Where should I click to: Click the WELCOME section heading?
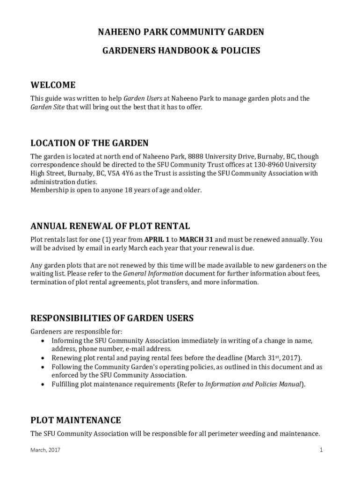(x=53, y=85)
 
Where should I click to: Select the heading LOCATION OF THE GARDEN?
(x=89, y=143)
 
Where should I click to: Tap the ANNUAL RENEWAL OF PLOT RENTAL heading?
(x=110, y=226)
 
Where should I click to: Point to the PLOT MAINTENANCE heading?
(x=76, y=420)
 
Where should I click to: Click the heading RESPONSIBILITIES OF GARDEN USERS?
(x=112, y=318)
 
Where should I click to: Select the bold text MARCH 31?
(x=196, y=239)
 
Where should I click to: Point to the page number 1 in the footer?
(x=321, y=450)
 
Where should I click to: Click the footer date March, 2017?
(x=45, y=450)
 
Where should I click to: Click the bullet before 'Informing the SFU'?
(x=43, y=341)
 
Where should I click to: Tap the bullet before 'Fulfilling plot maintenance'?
(x=43, y=385)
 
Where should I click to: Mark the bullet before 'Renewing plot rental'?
(x=43, y=358)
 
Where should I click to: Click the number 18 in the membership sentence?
(x=123, y=190)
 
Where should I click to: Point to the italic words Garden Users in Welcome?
(x=143, y=99)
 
